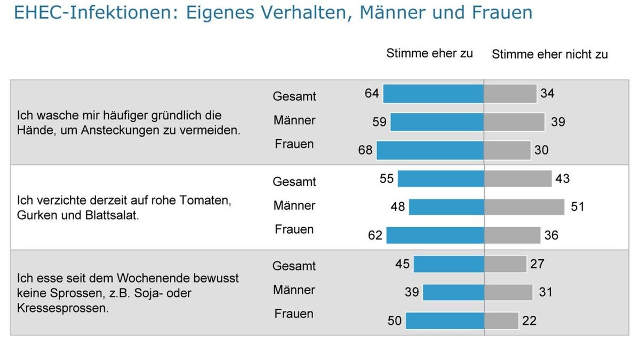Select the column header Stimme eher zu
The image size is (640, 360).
point(429,53)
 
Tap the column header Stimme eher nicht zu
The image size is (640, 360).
point(549,54)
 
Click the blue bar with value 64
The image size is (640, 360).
point(433,93)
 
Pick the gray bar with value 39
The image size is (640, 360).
point(514,122)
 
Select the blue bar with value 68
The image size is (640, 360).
point(430,150)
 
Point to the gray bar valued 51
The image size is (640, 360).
point(524,206)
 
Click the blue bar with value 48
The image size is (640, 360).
point(446,206)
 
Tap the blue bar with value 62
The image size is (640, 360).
point(435,235)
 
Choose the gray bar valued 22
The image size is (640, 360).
point(501,321)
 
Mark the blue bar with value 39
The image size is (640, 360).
point(453,292)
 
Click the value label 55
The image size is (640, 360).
point(387,179)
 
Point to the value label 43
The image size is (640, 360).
point(562,179)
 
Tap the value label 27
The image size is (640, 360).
point(537,264)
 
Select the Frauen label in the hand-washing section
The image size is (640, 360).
point(294,144)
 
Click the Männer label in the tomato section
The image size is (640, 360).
point(294,205)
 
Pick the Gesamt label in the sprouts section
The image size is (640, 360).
point(294,266)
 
